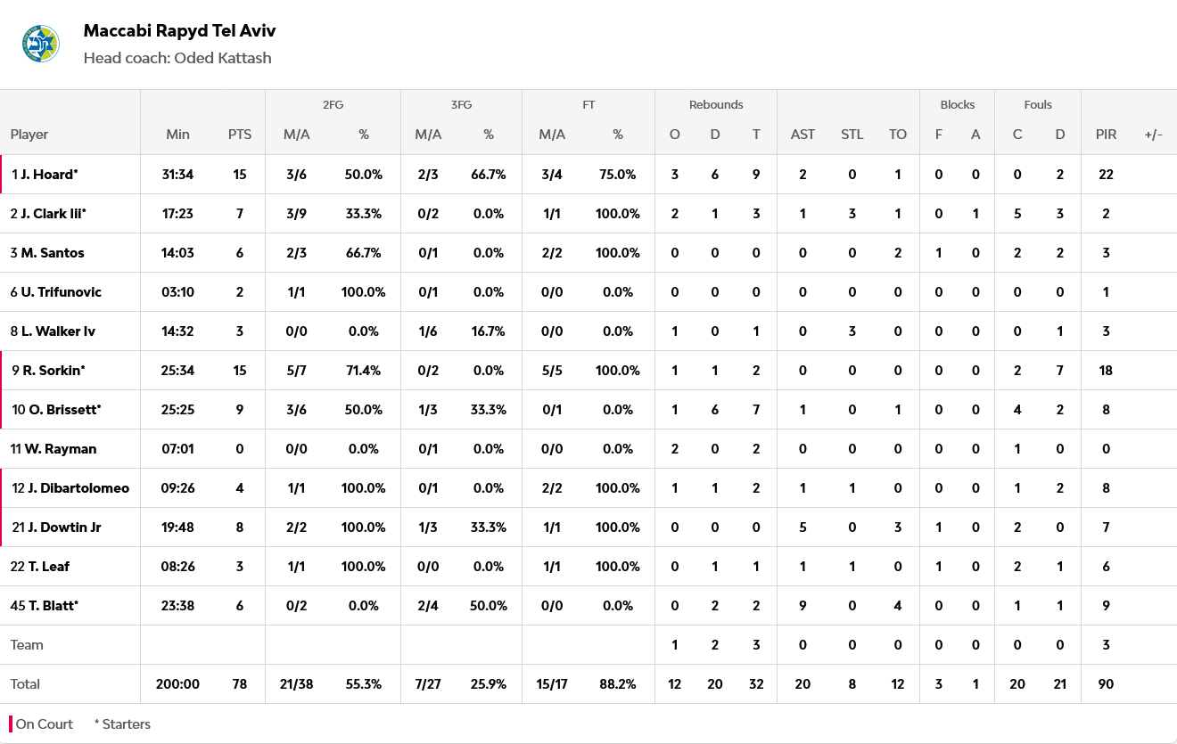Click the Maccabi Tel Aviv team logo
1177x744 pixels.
[40, 44]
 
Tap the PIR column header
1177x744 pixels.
[1106, 135]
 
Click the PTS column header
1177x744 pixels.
[240, 135]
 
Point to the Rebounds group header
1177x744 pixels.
[716, 104]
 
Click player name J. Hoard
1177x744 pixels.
[49, 175]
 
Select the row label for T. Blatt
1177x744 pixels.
[49, 606]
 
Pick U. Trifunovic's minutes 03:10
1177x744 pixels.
[177, 292]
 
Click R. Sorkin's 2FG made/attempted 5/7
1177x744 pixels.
[297, 371]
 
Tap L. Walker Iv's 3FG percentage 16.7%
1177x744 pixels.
[489, 331]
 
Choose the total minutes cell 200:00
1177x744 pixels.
[177, 684]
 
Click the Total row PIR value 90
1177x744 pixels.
[1106, 684]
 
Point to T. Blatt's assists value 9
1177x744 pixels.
[802, 606]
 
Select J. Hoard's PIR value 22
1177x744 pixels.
[1106, 175]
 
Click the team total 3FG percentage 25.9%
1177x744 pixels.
[489, 684]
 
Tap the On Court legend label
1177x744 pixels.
[45, 724]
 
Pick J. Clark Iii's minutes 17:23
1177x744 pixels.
[177, 214]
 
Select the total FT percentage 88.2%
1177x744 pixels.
[618, 684]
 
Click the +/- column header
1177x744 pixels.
[1153, 135]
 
